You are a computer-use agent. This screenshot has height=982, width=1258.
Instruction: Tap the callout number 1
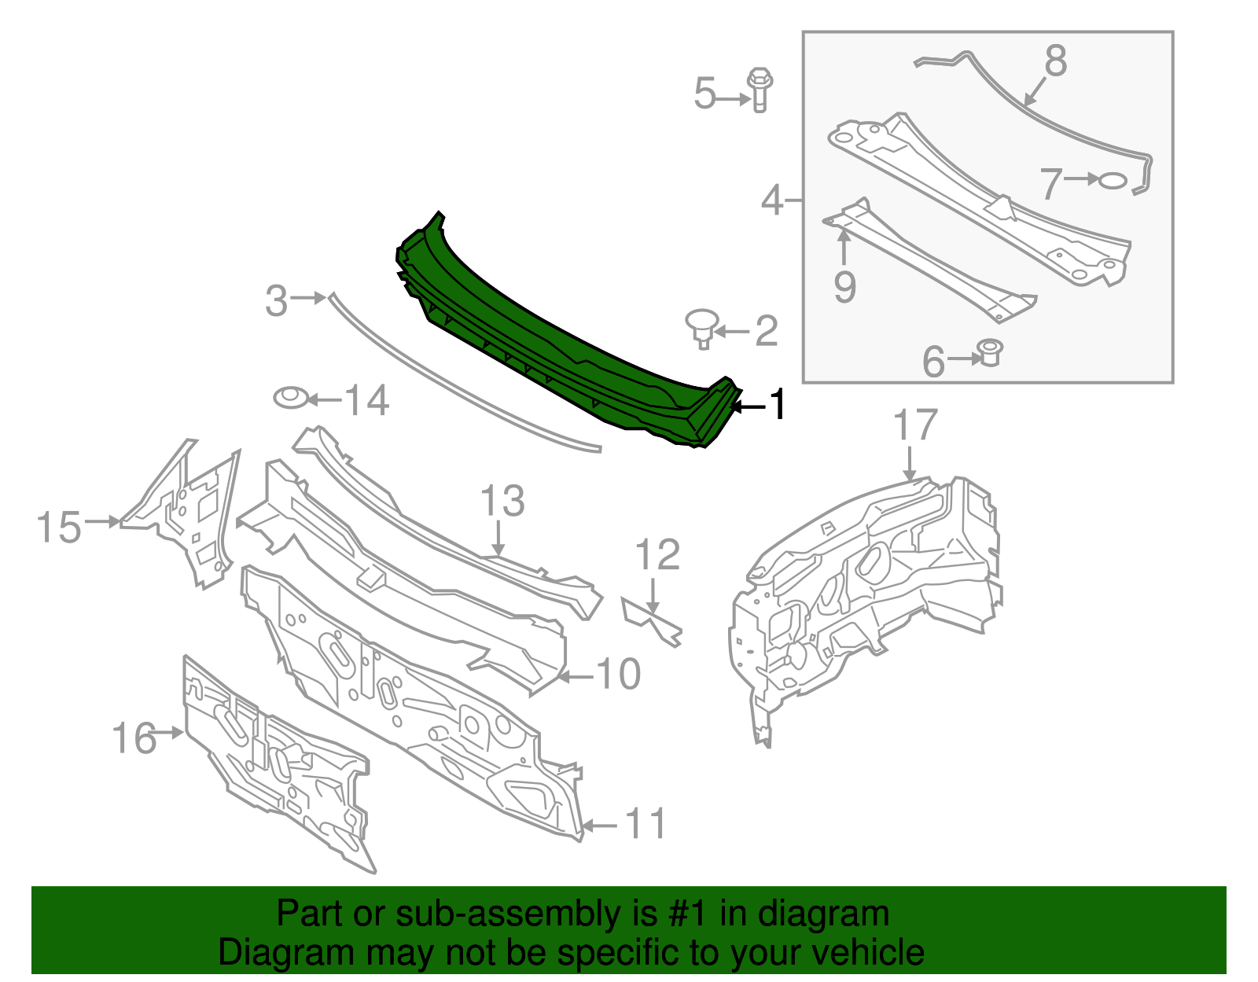778,404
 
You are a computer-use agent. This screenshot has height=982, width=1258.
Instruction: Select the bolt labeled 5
760,90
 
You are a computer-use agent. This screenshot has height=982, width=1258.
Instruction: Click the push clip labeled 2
702,328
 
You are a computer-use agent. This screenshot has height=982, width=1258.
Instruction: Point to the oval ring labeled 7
1112,181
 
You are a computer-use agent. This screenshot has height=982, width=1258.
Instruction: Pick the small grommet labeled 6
989,352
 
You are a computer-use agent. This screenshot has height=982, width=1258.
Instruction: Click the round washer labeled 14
291,398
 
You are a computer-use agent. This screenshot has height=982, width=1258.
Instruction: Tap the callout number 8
1055,61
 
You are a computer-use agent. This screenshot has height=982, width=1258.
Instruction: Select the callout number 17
915,425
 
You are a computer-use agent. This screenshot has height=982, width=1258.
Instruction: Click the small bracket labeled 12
652,621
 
